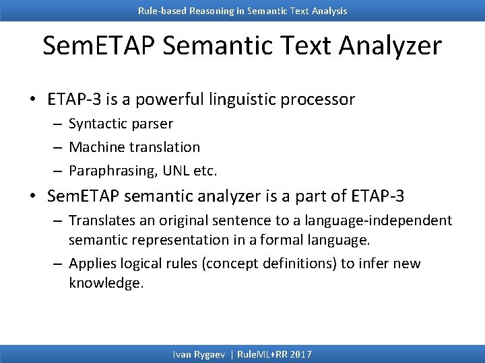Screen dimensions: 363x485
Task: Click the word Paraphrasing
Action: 111,171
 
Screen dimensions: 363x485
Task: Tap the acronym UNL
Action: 175,171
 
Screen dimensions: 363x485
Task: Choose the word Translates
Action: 101,220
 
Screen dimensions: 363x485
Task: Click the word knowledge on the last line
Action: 106,283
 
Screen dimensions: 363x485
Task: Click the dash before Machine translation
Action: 57,147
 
